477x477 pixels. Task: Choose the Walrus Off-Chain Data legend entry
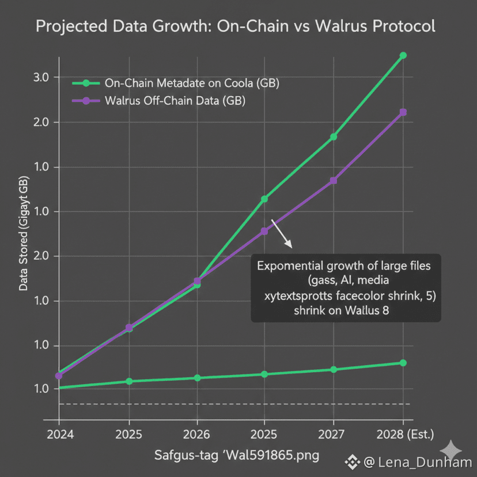[175, 101]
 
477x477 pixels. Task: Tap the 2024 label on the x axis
[59, 434]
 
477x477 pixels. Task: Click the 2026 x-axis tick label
[196, 434]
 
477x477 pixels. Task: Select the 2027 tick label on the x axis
[334, 434]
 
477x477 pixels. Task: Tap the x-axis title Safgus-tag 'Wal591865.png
[236, 456]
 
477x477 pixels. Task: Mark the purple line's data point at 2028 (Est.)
[403, 112]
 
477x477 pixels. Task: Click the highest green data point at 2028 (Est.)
[403, 55]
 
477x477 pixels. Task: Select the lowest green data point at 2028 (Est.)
[403, 363]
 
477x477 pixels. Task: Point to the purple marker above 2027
[334, 181]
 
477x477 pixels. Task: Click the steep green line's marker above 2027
[334, 137]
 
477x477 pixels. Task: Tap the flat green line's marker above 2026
[197, 378]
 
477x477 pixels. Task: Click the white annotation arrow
[282, 233]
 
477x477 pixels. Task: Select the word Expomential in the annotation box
[293, 267]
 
